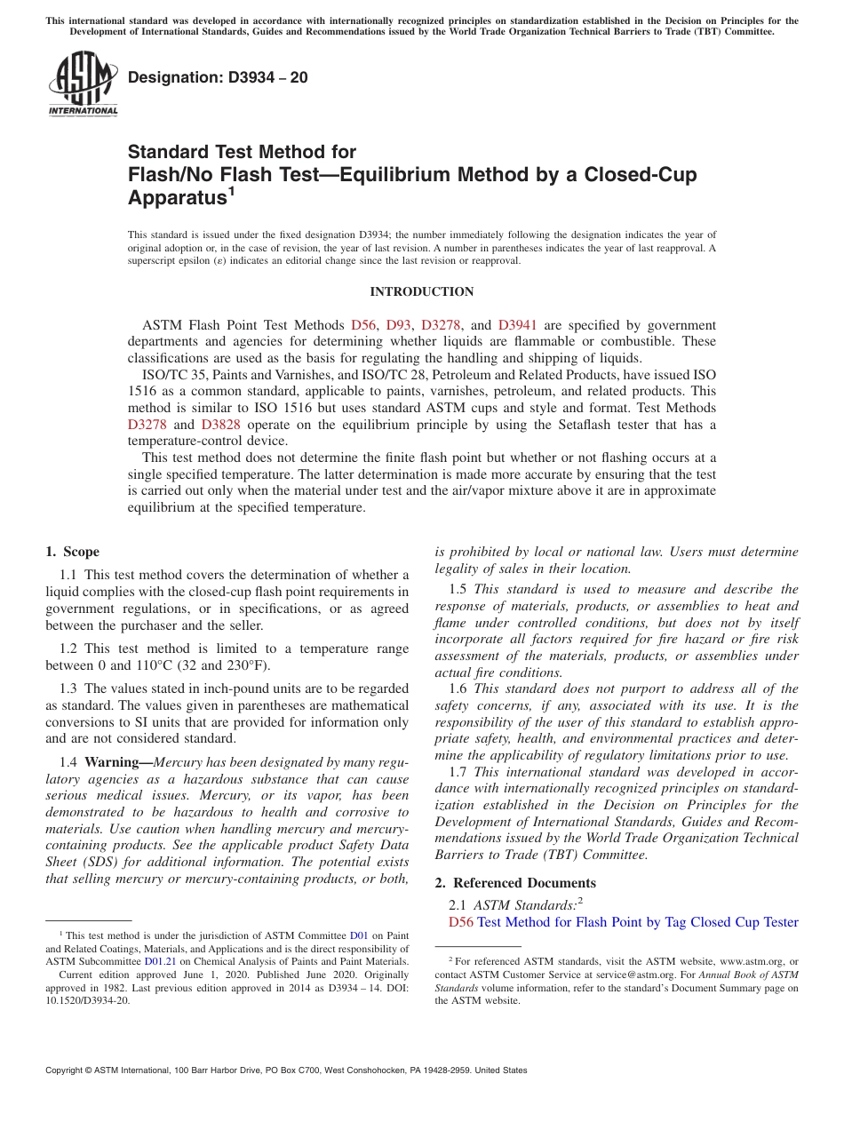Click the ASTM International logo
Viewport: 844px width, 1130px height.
83,85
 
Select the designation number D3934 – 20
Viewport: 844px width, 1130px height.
219,77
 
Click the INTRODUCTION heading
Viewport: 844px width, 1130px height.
422,292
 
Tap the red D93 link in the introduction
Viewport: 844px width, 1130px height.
398,325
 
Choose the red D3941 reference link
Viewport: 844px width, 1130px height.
517,325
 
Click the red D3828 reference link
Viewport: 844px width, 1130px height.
220,425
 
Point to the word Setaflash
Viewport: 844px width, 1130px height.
594,425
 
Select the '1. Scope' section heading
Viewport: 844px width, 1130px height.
73,552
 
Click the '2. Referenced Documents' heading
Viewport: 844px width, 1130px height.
515,883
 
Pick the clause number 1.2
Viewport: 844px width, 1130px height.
68,649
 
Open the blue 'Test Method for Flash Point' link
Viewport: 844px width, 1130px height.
637,922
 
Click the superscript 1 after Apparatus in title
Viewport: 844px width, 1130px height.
231,190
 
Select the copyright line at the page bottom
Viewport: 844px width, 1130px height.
286,1070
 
